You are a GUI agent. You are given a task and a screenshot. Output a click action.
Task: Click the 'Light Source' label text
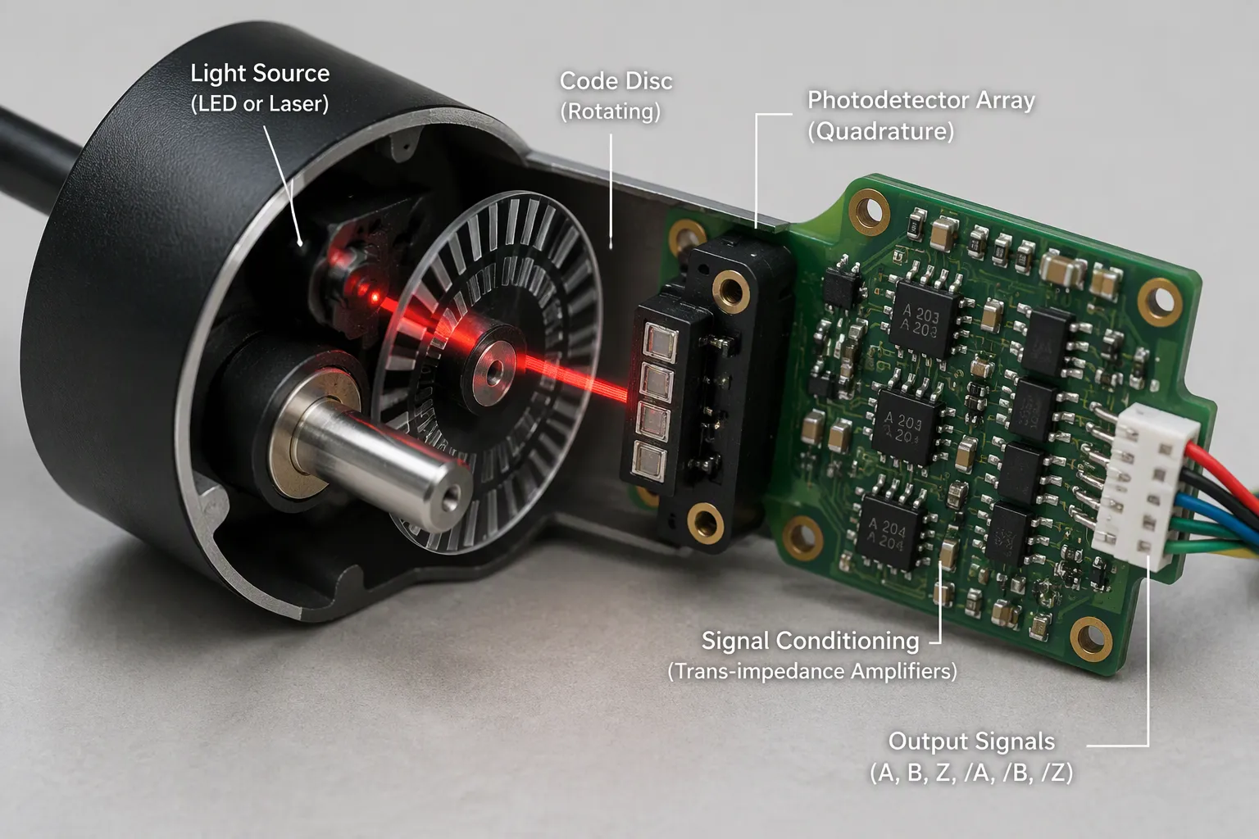point(260,74)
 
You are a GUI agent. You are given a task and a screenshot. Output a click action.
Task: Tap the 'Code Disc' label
point(616,81)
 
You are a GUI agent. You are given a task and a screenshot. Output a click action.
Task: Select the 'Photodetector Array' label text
point(920,101)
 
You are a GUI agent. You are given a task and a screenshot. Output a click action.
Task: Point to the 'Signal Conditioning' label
point(810,642)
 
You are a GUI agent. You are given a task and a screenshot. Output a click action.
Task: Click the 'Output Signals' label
point(971,741)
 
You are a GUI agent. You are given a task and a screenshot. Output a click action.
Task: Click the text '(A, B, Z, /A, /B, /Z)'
point(971,773)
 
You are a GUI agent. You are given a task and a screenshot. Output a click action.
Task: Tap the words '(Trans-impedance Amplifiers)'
point(812,671)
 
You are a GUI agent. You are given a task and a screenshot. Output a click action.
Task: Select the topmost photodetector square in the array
point(661,342)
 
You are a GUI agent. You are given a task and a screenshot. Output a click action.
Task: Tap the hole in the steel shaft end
point(450,499)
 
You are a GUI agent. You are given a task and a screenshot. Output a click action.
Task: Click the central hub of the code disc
point(494,371)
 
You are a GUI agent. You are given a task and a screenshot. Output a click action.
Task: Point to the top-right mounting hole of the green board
point(1159,302)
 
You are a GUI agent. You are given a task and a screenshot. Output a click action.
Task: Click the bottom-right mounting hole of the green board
point(1090,638)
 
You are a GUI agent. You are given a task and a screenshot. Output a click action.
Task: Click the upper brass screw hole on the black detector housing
point(730,290)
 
